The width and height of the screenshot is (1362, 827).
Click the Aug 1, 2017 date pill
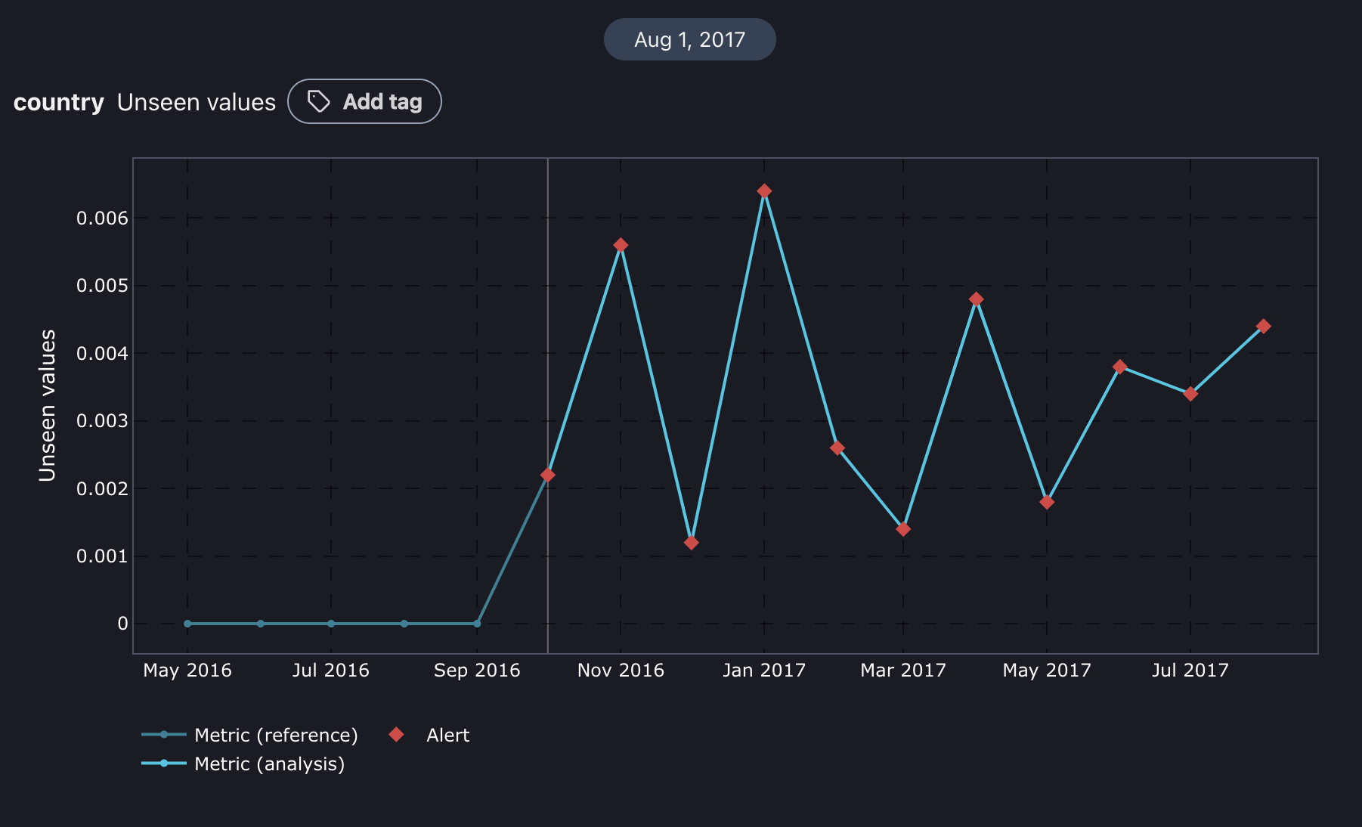click(689, 39)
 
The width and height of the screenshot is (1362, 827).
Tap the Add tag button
click(364, 101)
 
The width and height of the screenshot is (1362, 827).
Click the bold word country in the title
click(59, 102)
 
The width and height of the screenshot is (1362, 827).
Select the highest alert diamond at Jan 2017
click(764, 191)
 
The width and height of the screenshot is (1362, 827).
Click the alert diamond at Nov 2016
click(621, 245)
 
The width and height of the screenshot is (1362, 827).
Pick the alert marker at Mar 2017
click(903, 529)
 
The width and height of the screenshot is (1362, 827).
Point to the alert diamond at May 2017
click(1047, 502)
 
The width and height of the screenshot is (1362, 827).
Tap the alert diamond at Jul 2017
click(1190, 394)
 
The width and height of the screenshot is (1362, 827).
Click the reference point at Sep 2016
click(477, 624)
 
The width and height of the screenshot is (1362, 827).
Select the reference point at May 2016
click(187, 624)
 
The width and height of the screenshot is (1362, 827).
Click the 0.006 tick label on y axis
click(102, 218)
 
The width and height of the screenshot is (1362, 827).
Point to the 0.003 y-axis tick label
click(102, 421)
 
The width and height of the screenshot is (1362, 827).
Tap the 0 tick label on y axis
click(122, 624)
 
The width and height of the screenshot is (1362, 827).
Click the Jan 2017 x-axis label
click(763, 671)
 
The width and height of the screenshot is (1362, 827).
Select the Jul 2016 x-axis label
click(330, 671)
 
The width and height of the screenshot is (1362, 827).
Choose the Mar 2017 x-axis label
click(902, 671)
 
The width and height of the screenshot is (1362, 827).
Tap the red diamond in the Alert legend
click(396, 735)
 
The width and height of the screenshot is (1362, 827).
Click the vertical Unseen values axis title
click(48, 405)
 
